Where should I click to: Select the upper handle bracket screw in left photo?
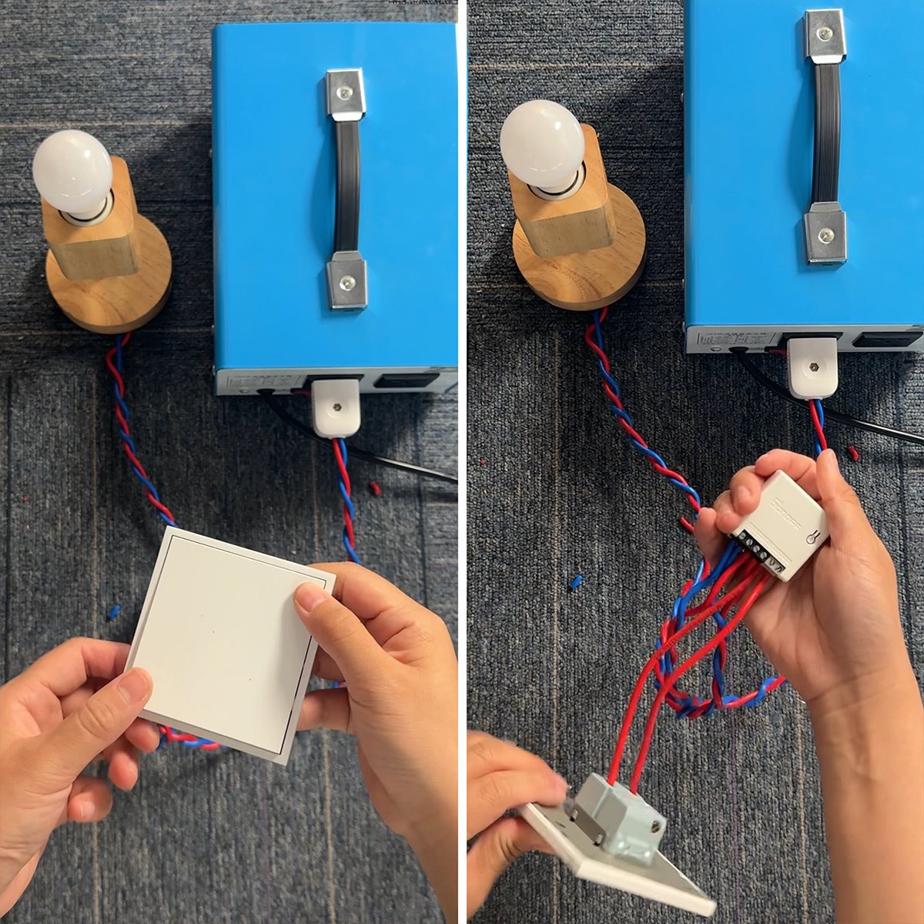coord(345,92)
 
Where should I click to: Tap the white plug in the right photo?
coord(812,367)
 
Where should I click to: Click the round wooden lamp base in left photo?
coord(108,293)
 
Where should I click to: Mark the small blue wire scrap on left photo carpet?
coord(113,613)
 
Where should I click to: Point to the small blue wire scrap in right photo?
coord(575,582)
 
